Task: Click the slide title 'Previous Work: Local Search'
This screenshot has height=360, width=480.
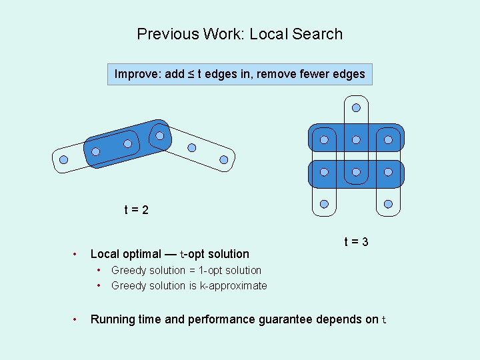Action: pos(239,34)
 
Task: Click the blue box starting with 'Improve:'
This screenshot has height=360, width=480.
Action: pos(239,74)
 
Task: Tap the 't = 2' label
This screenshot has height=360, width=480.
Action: pos(136,211)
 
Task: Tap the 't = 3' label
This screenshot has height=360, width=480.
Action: pos(356,242)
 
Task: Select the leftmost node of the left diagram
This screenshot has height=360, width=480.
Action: pos(63,160)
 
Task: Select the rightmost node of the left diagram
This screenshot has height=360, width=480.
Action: pos(224,160)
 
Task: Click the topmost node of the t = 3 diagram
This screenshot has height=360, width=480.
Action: pos(356,107)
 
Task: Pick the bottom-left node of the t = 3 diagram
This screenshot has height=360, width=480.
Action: pos(324,204)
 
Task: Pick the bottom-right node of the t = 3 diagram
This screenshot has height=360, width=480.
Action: pos(388,204)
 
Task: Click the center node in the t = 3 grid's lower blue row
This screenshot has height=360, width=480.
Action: pos(356,172)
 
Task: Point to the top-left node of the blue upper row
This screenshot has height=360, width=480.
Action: pos(324,140)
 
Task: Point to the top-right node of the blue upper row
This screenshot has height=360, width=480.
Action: pos(388,140)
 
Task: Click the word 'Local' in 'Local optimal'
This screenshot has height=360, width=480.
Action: pos(105,253)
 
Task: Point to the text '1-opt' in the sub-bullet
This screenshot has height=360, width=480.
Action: pos(212,270)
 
